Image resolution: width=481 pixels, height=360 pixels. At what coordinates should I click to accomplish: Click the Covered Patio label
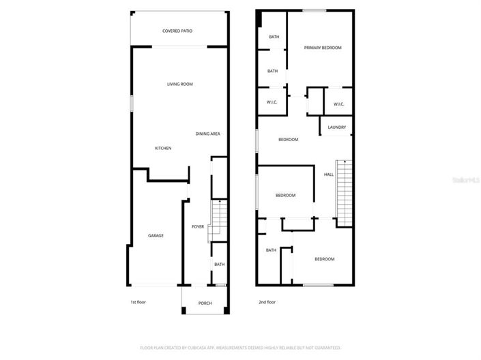177,31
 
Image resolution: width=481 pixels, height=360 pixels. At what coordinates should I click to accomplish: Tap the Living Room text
180,84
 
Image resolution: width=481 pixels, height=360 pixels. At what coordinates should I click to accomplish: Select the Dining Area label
207,134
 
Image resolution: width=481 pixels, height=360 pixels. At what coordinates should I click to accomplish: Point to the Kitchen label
162,148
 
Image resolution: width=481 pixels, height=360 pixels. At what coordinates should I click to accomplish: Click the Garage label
156,236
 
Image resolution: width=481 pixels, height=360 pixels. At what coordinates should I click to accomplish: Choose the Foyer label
198,226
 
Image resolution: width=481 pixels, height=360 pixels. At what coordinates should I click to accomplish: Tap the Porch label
205,303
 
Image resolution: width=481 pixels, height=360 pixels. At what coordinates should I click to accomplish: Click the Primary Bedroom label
323,48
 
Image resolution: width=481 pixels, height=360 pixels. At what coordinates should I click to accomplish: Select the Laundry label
336,127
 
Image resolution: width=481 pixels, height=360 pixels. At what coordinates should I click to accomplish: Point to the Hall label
329,175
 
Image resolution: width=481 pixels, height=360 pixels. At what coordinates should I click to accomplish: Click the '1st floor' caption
138,301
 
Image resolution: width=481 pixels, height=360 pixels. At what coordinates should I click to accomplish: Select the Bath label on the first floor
219,265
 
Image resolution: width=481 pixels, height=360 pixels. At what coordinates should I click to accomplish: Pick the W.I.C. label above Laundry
338,104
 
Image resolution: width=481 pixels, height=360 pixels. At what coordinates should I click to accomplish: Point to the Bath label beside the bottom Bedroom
271,250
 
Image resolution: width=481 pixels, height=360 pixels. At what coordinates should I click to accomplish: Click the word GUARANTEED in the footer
325,347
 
